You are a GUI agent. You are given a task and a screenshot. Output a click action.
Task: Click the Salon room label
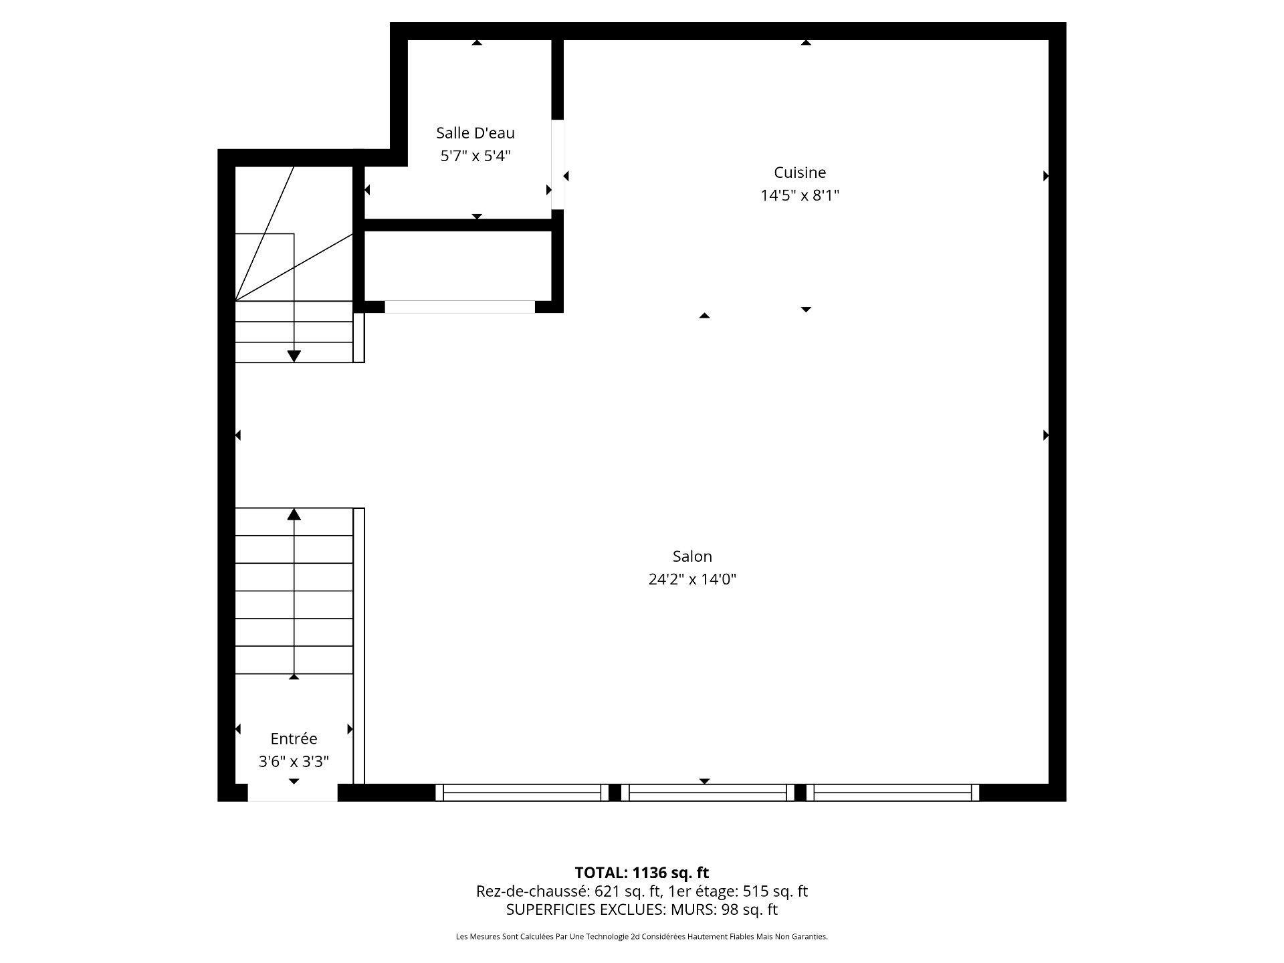tap(692, 556)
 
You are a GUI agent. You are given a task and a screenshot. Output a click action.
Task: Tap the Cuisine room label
tap(800, 173)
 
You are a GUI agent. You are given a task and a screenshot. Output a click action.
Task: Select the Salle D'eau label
tap(475, 133)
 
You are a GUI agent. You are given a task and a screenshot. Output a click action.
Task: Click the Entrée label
tap(294, 739)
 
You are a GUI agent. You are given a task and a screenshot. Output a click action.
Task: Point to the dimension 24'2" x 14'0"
tap(692, 579)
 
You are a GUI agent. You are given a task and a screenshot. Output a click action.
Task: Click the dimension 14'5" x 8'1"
tap(800, 195)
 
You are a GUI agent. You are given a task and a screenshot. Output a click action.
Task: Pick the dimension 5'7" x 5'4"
tap(475, 156)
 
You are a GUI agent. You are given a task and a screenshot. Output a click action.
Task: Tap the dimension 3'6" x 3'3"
tap(294, 762)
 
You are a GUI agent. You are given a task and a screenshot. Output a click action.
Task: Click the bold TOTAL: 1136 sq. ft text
tap(642, 873)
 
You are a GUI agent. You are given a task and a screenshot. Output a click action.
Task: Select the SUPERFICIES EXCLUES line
tap(642, 909)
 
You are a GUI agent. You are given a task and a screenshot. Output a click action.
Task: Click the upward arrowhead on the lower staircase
tap(294, 514)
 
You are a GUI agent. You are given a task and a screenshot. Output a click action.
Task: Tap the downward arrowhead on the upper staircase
tap(294, 356)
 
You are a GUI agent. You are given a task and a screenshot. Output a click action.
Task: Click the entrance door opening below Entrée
tap(293, 792)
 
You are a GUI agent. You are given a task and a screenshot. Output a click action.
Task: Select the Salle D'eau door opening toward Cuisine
tap(557, 165)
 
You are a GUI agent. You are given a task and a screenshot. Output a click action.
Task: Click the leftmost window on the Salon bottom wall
tap(522, 792)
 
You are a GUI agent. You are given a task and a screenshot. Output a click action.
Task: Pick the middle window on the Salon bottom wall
tap(708, 792)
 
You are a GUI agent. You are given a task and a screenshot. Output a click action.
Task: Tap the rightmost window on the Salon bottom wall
tap(893, 792)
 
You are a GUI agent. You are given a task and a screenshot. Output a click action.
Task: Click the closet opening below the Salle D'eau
tap(459, 307)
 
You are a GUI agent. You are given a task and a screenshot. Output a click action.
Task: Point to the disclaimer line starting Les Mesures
tap(642, 937)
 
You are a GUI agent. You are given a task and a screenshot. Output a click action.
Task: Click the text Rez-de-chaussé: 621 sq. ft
tap(568, 891)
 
